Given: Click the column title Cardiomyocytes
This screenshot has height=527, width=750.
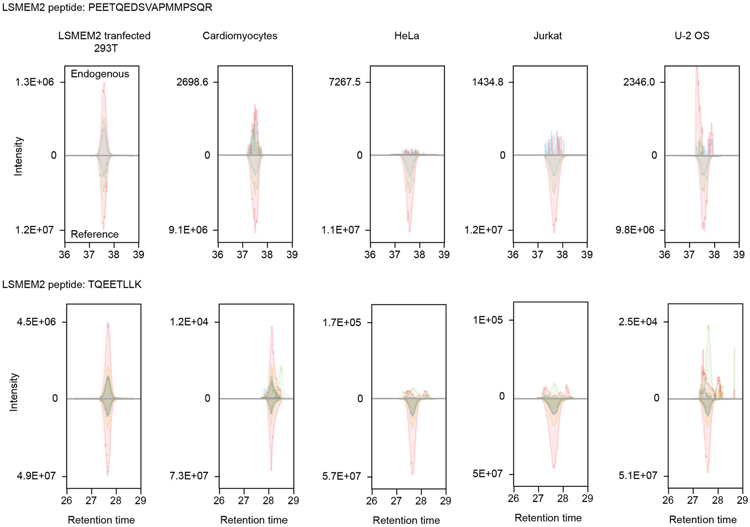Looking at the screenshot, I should pyautogui.click(x=240, y=36).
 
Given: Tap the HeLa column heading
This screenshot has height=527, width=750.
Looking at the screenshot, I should pyautogui.click(x=407, y=36).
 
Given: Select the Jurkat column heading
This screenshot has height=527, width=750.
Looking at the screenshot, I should pyautogui.click(x=547, y=36).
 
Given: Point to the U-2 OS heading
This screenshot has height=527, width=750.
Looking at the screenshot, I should pyautogui.click(x=692, y=36).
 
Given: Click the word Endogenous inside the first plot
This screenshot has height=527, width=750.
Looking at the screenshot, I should pyautogui.click(x=100, y=74).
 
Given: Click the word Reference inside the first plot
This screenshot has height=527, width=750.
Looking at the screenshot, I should pyautogui.click(x=95, y=234).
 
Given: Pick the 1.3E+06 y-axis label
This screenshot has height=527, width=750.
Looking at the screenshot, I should pyautogui.click(x=35, y=82).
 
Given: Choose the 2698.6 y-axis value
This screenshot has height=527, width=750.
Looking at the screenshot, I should pyautogui.click(x=192, y=82).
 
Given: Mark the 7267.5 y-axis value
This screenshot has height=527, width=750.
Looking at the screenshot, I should pyautogui.click(x=345, y=82).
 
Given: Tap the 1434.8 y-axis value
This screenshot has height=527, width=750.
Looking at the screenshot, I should pyautogui.click(x=487, y=82).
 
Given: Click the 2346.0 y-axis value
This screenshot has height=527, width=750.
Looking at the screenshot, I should pyautogui.click(x=639, y=82).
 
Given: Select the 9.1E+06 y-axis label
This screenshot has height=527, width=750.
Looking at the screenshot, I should pyautogui.click(x=188, y=230).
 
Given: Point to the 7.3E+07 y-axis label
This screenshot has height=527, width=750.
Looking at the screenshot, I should pyautogui.click(x=189, y=476).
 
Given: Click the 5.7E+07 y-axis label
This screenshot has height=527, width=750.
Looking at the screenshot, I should pyautogui.click(x=341, y=477).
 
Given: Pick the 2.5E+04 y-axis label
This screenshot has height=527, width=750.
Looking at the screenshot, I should pyautogui.click(x=638, y=322).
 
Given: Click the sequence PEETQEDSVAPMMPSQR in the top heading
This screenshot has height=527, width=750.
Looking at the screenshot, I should pyautogui.click(x=150, y=8).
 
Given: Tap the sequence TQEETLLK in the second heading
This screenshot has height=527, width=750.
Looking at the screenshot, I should pyautogui.click(x=115, y=285).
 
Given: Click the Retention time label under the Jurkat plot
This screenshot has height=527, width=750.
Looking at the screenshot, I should pyautogui.click(x=548, y=518).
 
